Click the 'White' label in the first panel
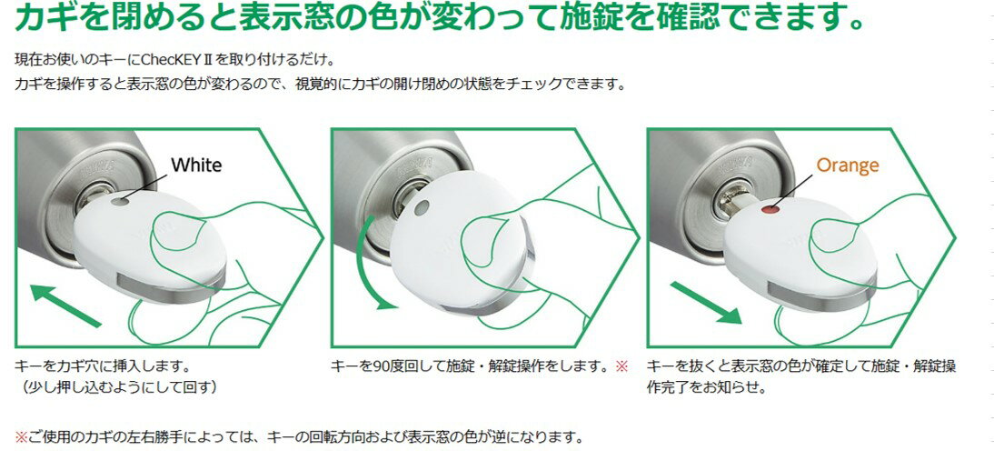tap(196, 165)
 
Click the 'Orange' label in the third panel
tap(848, 165)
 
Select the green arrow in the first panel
tap(65, 306)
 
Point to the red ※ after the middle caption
tap(621, 366)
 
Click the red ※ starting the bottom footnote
tap(21, 437)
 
